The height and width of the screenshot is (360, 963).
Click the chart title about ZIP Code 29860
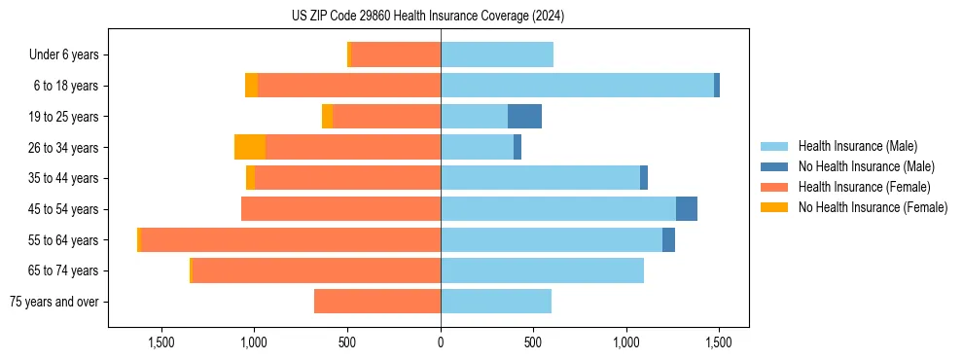[x=441, y=17]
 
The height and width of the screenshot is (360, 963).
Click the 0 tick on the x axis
[x=441, y=342]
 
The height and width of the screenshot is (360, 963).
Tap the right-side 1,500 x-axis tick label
[x=719, y=342]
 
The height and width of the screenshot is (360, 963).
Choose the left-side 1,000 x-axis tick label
[x=254, y=342]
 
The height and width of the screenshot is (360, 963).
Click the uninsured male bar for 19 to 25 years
[x=524, y=117]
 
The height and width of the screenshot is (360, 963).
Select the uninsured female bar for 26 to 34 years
[x=250, y=147]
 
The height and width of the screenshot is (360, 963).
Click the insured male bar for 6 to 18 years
[x=577, y=86]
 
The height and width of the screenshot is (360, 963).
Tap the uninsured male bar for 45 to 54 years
[x=687, y=209]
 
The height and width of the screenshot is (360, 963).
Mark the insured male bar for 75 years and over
[x=496, y=302]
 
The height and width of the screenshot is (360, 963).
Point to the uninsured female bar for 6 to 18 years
[x=251, y=86]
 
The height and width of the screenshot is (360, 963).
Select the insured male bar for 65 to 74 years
[x=542, y=270]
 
